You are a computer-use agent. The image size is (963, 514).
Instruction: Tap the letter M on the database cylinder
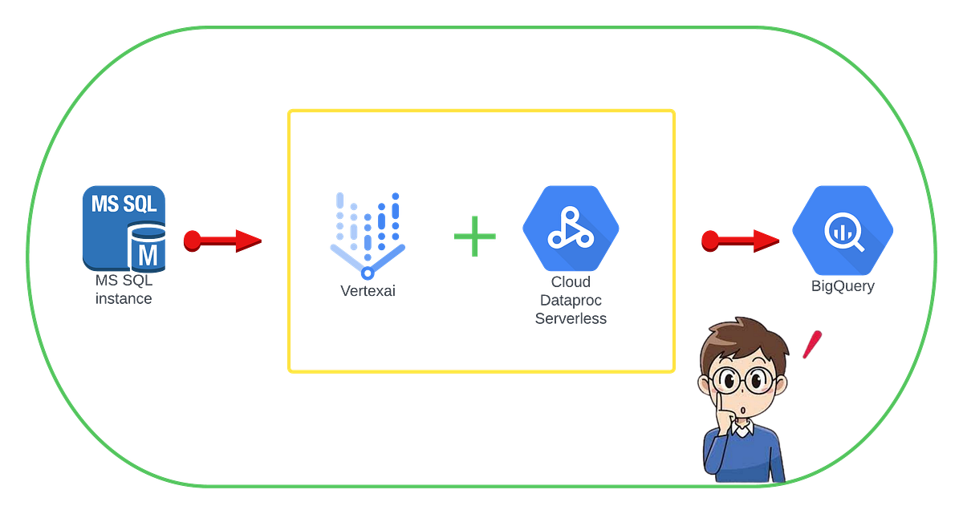coord(148,256)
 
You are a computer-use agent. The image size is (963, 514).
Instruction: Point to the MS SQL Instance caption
coord(124,289)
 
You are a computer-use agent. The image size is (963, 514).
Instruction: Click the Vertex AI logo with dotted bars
coord(366,232)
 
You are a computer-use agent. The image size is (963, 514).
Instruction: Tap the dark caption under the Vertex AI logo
coord(366,291)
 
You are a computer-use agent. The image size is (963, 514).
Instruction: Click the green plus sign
coord(474,236)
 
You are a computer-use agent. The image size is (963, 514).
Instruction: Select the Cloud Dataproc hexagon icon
coord(571,229)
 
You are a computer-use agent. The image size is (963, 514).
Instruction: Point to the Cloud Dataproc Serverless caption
coord(571,300)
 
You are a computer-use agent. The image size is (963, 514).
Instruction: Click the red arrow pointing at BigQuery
coord(740,241)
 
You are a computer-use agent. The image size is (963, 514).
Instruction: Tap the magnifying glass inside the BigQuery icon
coord(843,233)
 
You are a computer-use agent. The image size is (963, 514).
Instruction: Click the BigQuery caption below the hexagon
coord(843,285)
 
